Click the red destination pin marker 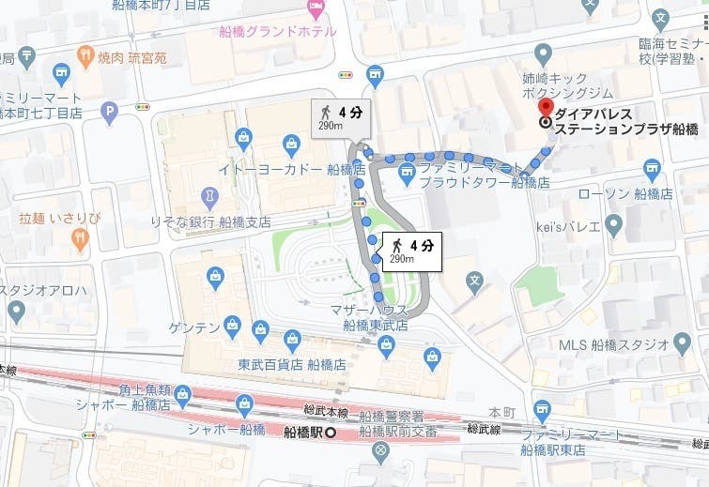coord(545,105)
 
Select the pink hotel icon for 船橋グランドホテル coord(317,8)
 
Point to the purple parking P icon coord(110,114)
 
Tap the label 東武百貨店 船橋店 coord(292,364)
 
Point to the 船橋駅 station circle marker coord(329,433)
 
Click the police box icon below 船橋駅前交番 coord(380,454)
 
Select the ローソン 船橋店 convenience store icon coord(653,170)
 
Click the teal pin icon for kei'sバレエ coord(614,224)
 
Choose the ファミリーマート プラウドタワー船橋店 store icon coord(407,171)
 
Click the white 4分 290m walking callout coord(411,250)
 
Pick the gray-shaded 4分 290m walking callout coord(339,118)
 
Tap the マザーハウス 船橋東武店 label coord(376,317)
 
